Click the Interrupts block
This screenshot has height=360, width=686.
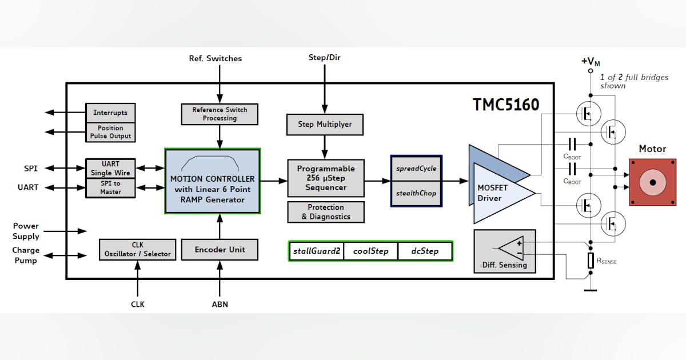click(x=110, y=113)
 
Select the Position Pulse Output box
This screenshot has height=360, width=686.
click(x=110, y=132)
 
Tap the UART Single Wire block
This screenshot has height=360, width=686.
click(x=110, y=169)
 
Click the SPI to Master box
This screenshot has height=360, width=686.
click(x=110, y=187)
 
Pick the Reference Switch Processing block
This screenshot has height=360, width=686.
click(x=220, y=114)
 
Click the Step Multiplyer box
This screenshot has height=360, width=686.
click(x=325, y=124)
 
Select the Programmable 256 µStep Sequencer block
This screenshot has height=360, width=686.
click(x=326, y=178)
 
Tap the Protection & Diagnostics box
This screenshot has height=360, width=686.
click(x=326, y=212)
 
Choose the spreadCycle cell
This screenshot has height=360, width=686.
click(x=416, y=169)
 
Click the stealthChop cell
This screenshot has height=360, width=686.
click(x=416, y=194)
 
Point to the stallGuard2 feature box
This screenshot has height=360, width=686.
click(x=317, y=251)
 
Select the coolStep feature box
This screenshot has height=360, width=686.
click(x=370, y=251)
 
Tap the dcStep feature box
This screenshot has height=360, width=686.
click(x=425, y=251)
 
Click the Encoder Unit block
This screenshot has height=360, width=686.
click(x=220, y=250)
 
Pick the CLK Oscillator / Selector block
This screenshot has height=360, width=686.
click(x=137, y=250)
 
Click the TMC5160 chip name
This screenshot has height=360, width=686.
click(x=506, y=105)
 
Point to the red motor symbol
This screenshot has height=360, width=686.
click(x=652, y=182)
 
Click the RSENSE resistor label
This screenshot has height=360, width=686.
click(x=607, y=261)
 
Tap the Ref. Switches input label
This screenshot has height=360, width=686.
click(x=216, y=58)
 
